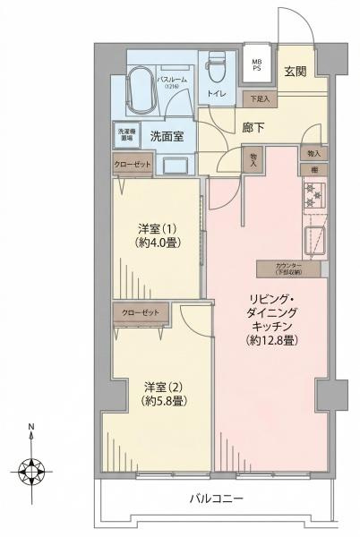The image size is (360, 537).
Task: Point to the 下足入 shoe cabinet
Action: click(x=260, y=98)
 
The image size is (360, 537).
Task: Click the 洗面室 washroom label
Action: click(x=167, y=137)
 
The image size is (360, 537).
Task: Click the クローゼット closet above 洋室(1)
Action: click(x=133, y=165)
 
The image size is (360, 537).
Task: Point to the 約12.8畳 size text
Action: click(x=274, y=340)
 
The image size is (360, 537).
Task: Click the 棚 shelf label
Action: click(x=314, y=169)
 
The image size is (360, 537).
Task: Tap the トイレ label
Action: click(x=216, y=92)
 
